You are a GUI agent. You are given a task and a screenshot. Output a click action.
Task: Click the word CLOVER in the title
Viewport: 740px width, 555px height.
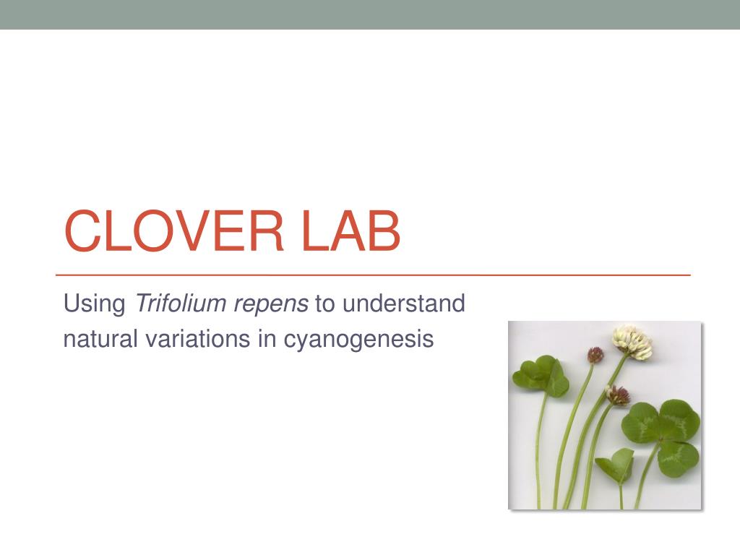click(x=172, y=231)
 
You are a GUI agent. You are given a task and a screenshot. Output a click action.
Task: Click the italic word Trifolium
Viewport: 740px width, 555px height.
click(x=180, y=304)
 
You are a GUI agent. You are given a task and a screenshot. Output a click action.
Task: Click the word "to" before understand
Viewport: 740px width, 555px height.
click(x=325, y=304)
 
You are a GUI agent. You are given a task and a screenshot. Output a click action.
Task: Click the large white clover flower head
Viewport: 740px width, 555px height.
click(x=632, y=342)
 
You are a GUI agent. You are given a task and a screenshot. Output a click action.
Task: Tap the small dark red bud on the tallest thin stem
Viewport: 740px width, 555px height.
click(x=595, y=355)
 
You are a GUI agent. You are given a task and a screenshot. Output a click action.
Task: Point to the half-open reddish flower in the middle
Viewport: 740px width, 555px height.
click(x=617, y=395)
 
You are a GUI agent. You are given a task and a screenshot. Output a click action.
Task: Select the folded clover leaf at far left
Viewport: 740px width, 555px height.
click(x=541, y=376)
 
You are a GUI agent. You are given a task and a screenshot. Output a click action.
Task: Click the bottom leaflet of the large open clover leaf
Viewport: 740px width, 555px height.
click(x=677, y=457)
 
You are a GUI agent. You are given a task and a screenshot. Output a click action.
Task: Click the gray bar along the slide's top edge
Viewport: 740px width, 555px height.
click(x=370, y=14)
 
